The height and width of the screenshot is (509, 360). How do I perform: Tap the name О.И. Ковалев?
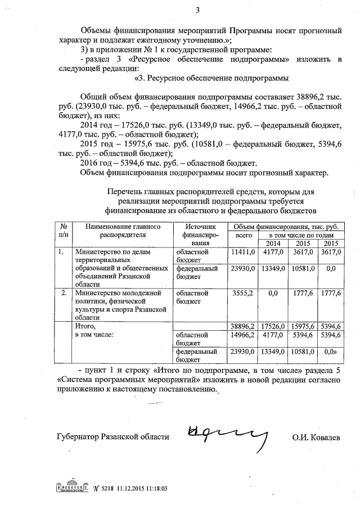pos(316,437)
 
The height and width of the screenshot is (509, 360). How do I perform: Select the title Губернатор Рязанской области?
pos(112,437)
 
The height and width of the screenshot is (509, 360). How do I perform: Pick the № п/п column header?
pos(64,230)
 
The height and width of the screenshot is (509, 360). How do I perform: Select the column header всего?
pos(243,235)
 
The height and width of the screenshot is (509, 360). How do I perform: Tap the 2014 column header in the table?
pos(273,243)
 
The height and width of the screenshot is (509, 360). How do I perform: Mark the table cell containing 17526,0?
pos(273,326)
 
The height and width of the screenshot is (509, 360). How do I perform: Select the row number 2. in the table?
pos(64,293)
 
